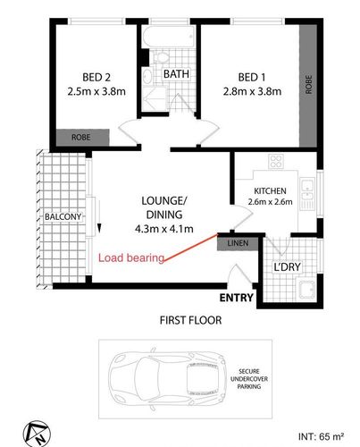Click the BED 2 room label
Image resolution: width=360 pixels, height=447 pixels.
click(96, 78)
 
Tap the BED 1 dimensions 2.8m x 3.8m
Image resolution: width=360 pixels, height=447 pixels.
click(252, 91)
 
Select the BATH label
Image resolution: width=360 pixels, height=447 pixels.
click(176, 74)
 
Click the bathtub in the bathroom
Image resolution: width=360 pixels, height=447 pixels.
click(169, 37)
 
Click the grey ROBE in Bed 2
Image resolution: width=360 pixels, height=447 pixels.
click(82, 138)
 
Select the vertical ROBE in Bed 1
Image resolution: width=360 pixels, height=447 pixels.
click(308, 86)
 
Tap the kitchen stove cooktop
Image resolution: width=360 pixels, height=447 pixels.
click(276, 162)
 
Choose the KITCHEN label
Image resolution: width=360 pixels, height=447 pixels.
click(270, 191)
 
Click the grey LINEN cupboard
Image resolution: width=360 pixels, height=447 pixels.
click(238, 243)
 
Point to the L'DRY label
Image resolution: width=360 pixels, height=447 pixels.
click(288, 267)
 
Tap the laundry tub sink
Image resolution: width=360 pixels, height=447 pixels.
click(307, 290)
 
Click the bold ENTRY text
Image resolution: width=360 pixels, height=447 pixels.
click(237, 298)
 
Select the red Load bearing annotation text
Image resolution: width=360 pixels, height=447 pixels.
click(131, 258)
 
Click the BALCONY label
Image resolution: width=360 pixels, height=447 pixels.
click(63, 216)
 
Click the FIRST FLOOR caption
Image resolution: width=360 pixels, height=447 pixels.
click(190, 320)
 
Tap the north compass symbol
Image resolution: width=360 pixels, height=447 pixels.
click(37, 434)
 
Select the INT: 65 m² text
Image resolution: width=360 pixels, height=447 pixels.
click(321, 437)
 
